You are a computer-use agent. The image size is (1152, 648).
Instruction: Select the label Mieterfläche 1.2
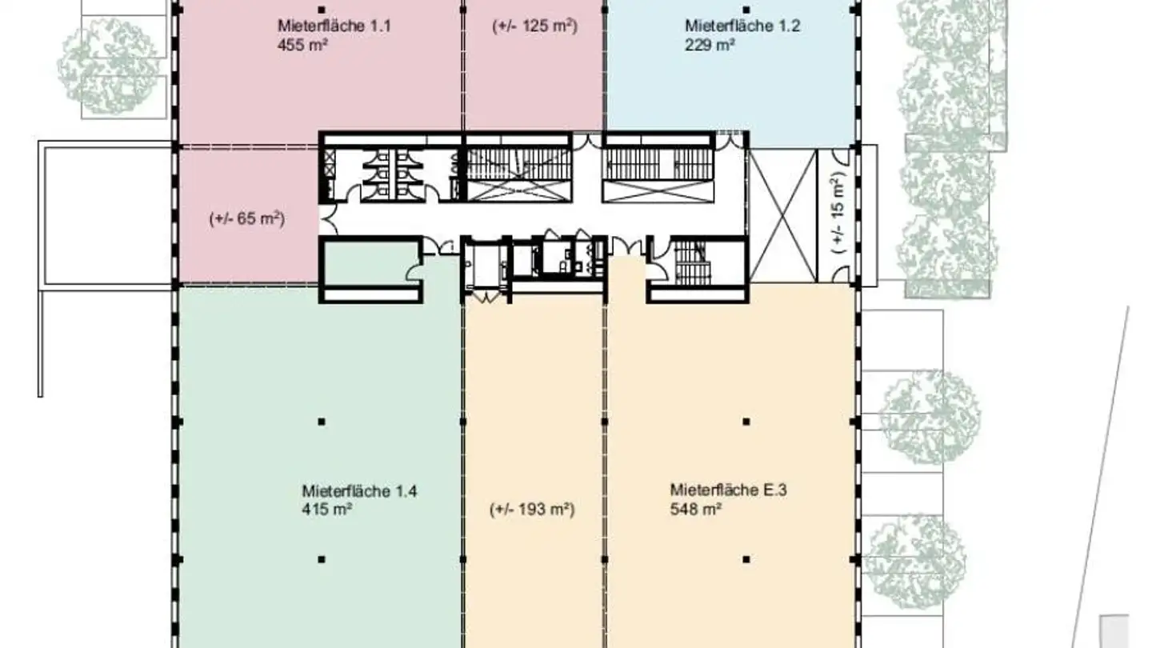click(730, 26)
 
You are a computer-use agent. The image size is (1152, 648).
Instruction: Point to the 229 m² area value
click(710, 46)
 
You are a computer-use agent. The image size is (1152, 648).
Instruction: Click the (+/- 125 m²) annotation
click(534, 26)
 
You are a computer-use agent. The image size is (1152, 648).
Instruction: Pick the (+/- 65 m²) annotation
click(247, 218)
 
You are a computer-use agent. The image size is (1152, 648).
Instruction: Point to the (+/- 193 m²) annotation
click(532, 509)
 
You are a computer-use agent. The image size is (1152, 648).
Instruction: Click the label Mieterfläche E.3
click(728, 490)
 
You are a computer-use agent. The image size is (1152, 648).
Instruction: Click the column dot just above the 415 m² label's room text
click(321, 421)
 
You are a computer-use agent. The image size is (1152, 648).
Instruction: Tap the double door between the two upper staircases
click(587, 141)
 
